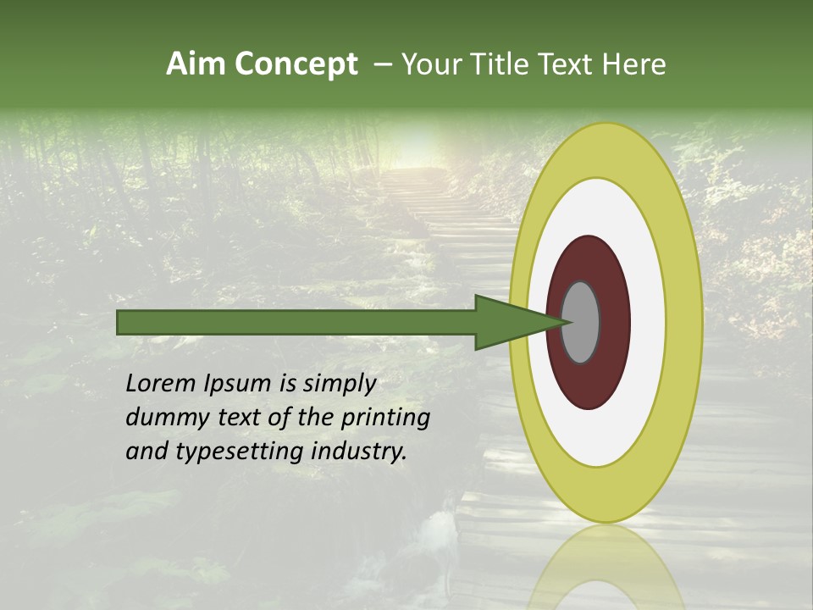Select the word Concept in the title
point(296,64)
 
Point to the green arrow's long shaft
point(296,323)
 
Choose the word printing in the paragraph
point(385,419)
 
